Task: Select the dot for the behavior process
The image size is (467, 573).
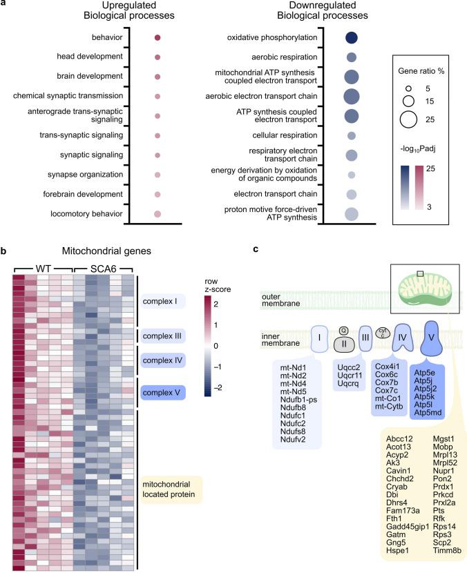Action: point(158,38)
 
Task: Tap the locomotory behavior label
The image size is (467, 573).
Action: point(88,215)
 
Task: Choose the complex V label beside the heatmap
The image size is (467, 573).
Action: point(165,393)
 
